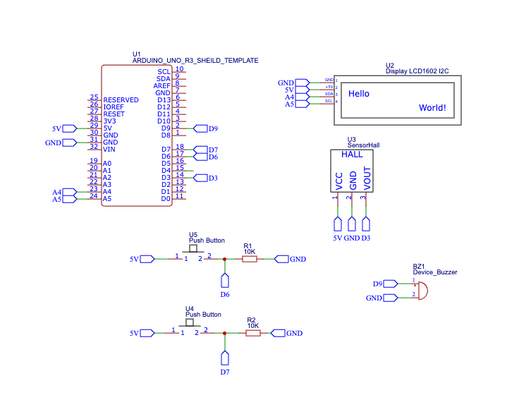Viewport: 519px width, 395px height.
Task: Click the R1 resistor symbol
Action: click(x=250, y=260)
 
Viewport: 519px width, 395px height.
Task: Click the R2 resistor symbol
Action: click(x=253, y=334)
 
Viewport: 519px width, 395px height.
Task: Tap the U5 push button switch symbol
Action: click(x=192, y=253)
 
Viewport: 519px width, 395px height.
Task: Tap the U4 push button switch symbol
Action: click(x=189, y=325)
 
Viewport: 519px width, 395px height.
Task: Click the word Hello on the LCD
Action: click(x=359, y=94)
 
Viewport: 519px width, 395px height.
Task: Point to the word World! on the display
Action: click(x=432, y=108)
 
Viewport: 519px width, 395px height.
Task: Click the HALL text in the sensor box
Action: click(x=352, y=154)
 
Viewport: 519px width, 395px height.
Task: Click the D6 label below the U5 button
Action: click(x=225, y=293)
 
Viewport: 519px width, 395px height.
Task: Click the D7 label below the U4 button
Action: click(x=225, y=371)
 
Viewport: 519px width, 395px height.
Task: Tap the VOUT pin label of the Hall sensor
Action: click(x=367, y=178)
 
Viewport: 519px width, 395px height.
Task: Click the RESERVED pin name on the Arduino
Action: click(x=121, y=100)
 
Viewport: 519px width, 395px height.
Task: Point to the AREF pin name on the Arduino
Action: click(x=161, y=85)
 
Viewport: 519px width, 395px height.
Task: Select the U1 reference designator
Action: click(x=137, y=54)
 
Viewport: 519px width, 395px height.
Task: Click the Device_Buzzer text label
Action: click(x=435, y=272)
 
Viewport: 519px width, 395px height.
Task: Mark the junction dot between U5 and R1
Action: click(x=225, y=260)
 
